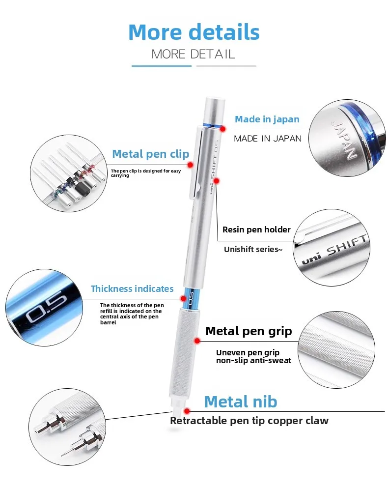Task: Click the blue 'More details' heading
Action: (194, 32)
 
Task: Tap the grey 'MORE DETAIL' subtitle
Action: (194, 54)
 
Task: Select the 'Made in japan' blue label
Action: (267, 119)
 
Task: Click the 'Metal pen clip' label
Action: (150, 154)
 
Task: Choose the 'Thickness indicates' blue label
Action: (132, 288)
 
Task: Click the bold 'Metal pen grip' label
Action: (249, 331)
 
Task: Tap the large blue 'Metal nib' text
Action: (241, 402)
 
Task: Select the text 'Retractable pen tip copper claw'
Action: (249, 421)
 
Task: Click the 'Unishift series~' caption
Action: (253, 249)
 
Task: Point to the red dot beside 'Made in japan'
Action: (222, 129)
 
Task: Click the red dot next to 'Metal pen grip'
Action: (196, 341)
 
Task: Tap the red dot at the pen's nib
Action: (186, 410)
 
